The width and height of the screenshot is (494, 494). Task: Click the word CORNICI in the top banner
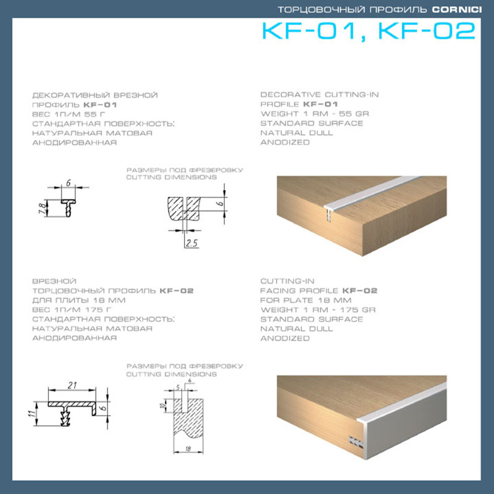[456, 10]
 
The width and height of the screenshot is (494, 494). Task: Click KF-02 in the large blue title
[427, 31]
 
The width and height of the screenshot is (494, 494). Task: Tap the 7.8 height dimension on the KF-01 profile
[42, 208]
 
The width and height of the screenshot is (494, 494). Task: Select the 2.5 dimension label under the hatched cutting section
[191, 243]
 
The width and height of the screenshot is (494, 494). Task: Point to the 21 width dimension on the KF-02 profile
[72, 385]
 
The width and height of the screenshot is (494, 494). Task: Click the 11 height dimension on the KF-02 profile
[31, 413]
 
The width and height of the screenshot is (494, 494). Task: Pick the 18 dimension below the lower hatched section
[188, 449]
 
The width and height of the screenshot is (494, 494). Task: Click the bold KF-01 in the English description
[320, 104]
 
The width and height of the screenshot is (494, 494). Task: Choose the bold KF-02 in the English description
[360, 291]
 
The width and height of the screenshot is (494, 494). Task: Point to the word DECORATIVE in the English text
[290, 94]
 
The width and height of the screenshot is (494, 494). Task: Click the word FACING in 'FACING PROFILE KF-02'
[277, 291]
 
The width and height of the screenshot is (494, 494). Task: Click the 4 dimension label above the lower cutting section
[190, 381]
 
